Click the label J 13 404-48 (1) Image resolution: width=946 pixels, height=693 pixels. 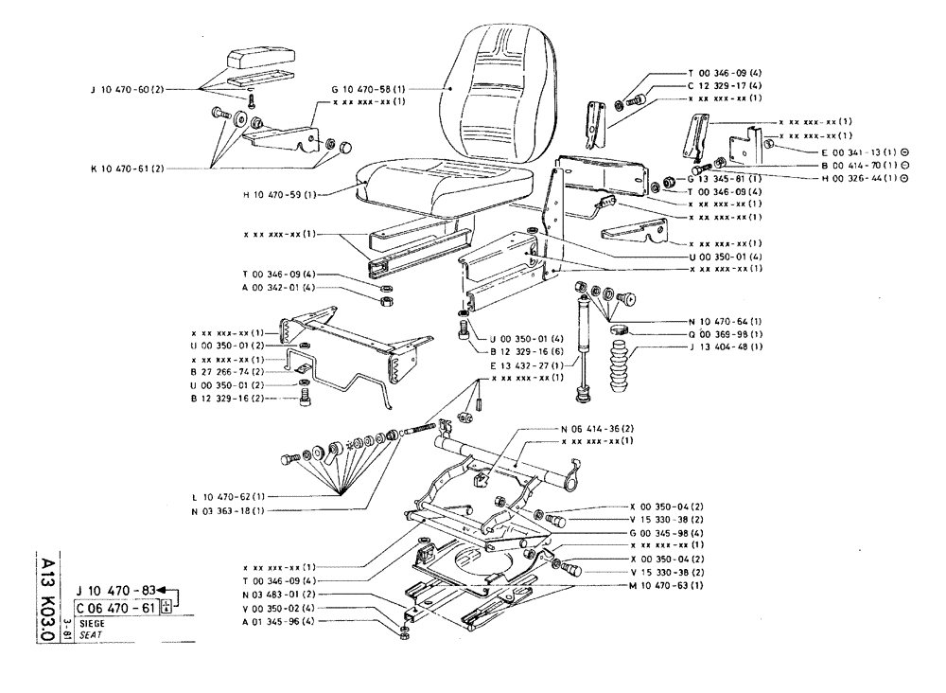(x=693, y=349)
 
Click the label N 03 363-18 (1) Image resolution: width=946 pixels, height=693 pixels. (x=231, y=510)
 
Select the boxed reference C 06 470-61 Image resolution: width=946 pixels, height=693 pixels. (x=116, y=608)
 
